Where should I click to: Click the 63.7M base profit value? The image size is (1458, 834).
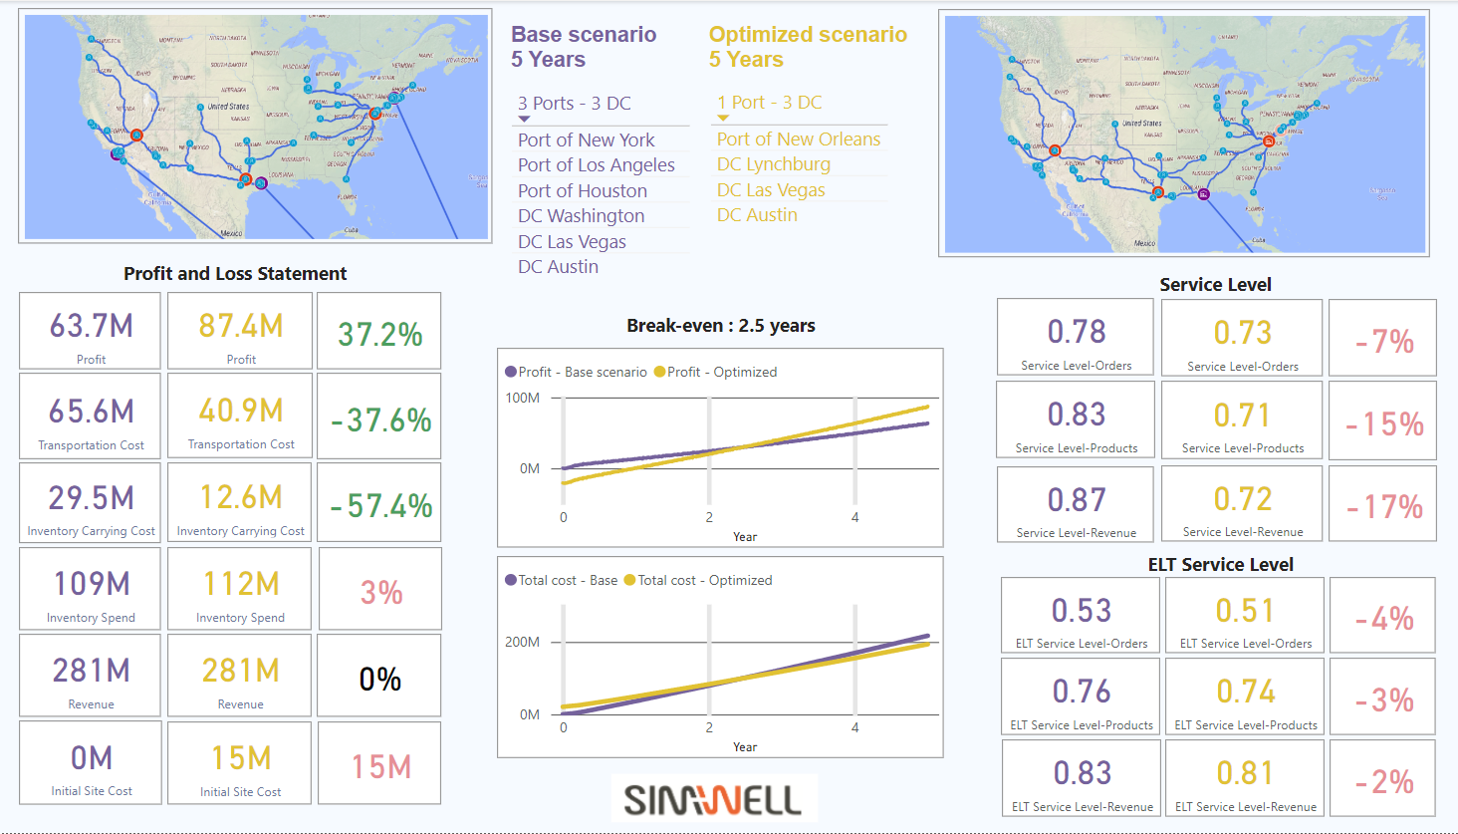[x=91, y=326]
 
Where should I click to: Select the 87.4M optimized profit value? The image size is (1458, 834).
[x=240, y=326]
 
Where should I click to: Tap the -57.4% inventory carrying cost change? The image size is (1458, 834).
[x=380, y=506]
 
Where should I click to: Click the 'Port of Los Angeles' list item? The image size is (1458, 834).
[x=596, y=165]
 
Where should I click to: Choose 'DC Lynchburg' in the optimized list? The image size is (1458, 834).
[x=773, y=164]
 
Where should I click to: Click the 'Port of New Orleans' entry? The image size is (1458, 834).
[x=798, y=139]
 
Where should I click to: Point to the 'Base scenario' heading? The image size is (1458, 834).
[x=584, y=35]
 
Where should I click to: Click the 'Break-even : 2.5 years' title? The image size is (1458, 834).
[x=720, y=326]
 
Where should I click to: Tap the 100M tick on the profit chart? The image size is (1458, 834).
[x=523, y=398]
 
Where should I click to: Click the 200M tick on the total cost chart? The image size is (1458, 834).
[x=523, y=642]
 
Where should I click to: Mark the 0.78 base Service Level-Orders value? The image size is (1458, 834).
[x=1076, y=332]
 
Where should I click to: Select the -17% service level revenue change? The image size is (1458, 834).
[x=1384, y=507]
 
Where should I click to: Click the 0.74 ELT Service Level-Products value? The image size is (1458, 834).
[x=1245, y=692]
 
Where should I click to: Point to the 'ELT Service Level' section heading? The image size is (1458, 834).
[x=1220, y=565]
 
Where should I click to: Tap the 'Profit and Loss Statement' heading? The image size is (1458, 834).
[x=235, y=274]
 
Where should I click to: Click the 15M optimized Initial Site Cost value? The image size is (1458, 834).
[x=240, y=758]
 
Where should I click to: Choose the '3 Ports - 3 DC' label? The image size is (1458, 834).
[x=574, y=104]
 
